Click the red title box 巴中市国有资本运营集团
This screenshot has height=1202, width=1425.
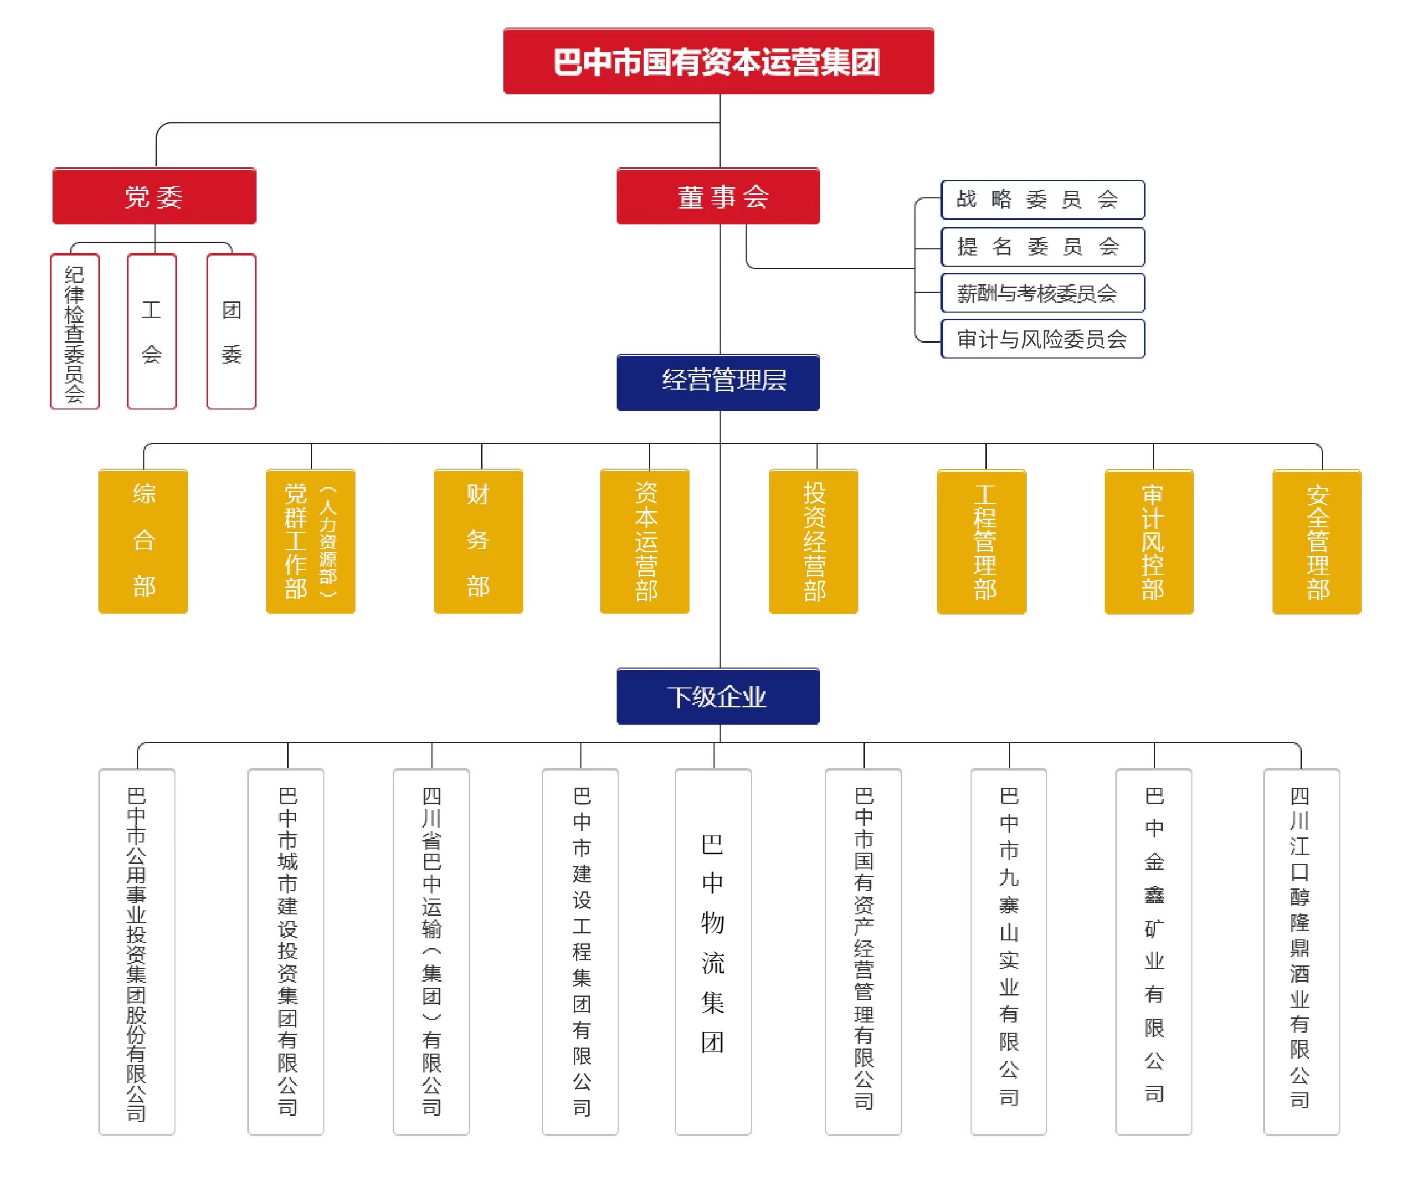(x=718, y=61)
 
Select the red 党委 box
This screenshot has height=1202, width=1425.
(x=154, y=196)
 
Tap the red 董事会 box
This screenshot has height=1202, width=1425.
(x=718, y=196)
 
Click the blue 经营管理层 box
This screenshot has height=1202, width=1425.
(x=718, y=381)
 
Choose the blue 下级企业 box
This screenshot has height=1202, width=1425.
(x=718, y=696)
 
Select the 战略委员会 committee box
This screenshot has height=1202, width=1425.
(x=1042, y=199)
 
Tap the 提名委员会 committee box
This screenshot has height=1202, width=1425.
(x=1042, y=247)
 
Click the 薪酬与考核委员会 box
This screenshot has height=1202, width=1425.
(x=1042, y=293)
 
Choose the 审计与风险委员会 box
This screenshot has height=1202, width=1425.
(x=1042, y=339)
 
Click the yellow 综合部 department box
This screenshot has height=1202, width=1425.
(x=143, y=541)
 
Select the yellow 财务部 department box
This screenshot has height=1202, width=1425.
(x=478, y=541)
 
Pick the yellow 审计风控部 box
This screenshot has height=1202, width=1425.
(x=1149, y=541)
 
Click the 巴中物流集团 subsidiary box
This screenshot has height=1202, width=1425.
(x=713, y=951)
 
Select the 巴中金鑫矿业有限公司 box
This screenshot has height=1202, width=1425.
(x=1153, y=951)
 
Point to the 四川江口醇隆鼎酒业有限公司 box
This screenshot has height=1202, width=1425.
(x=1301, y=951)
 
